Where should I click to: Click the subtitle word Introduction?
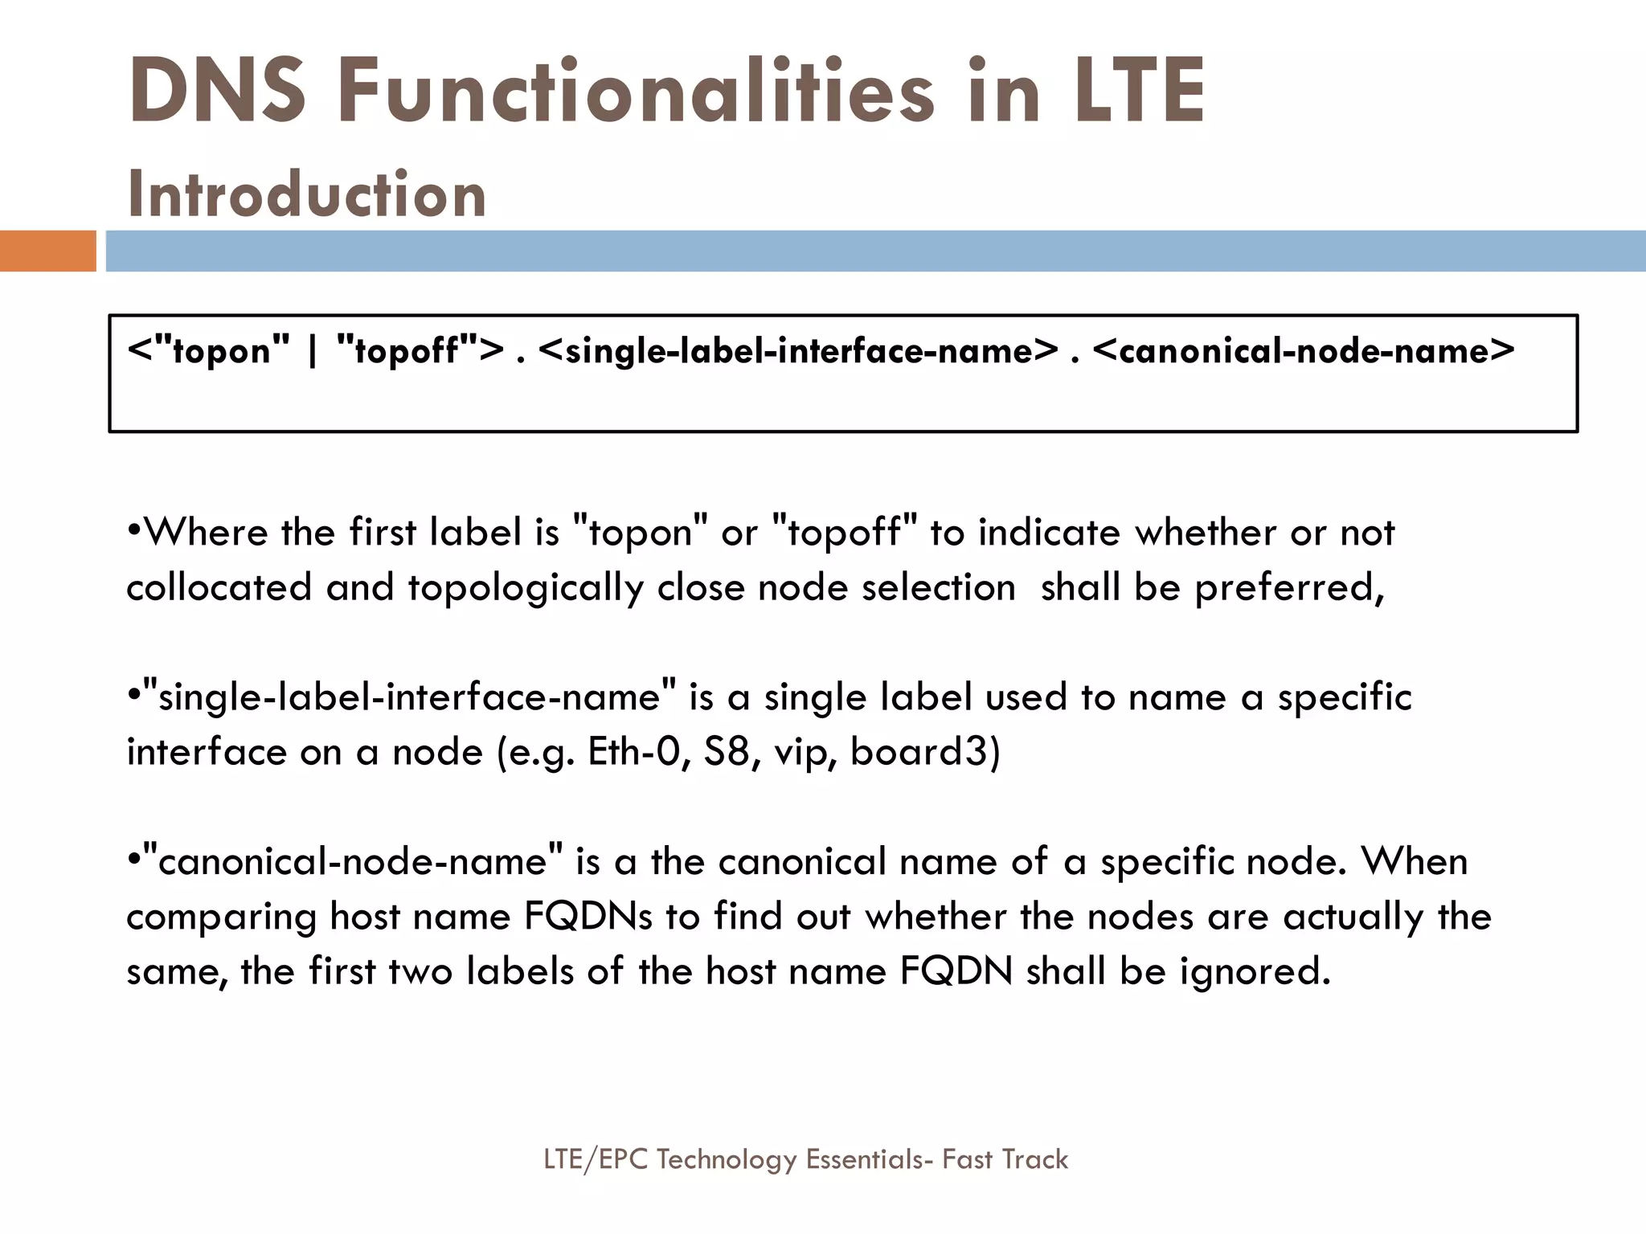307,194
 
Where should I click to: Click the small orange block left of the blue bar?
47,251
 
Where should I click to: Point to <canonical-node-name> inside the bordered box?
1304,351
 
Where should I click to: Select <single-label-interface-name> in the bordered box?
799,351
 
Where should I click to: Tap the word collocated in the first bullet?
219,587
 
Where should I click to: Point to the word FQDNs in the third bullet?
588,917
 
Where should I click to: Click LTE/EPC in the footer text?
596,1159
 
